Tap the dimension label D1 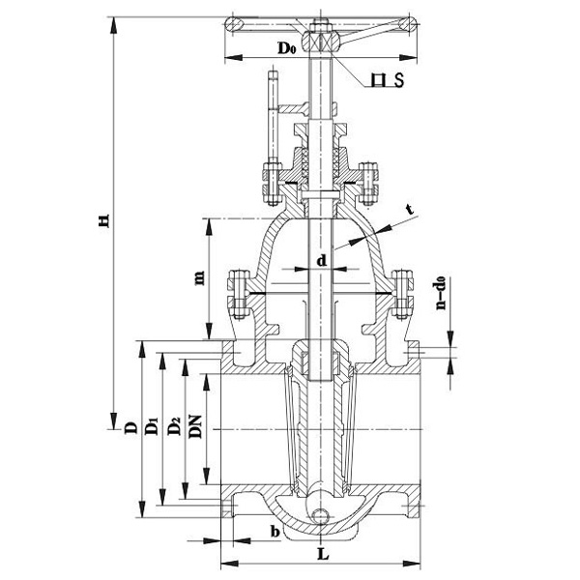(x=151, y=426)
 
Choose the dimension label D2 (x=173, y=426)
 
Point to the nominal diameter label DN (x=194, y=426)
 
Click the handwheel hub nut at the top (x=317, y=41)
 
